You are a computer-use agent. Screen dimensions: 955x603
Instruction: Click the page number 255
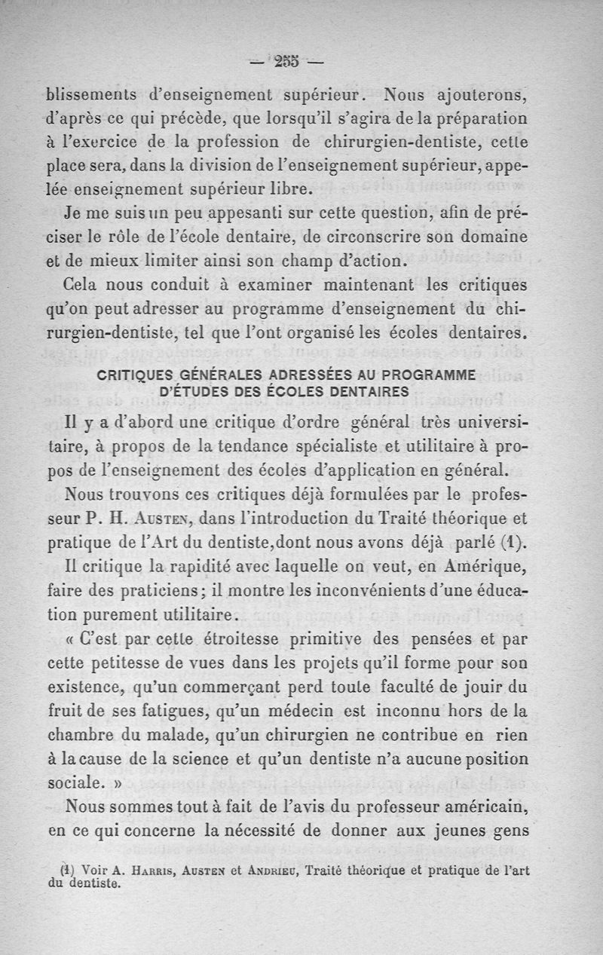tap(286, 62)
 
